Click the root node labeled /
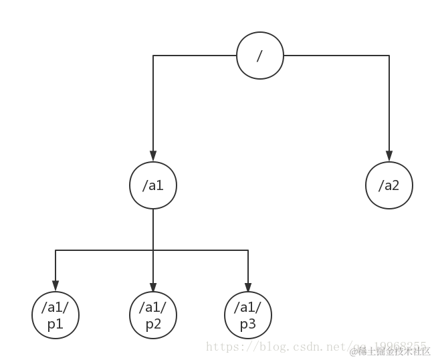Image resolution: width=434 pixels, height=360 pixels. [x=260, y=56]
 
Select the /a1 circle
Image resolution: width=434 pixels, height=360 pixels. [x=153, y=185]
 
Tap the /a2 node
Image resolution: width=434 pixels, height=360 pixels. [x=389, y=185]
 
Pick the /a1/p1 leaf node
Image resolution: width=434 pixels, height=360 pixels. [x=56, y=315]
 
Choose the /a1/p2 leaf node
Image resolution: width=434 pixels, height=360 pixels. [x=153, y=315]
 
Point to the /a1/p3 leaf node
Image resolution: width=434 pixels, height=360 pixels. [x=249, y=315]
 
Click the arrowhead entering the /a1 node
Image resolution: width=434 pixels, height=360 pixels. [x=153, y=157]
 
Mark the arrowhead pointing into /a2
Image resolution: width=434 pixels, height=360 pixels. [x=389, y=157]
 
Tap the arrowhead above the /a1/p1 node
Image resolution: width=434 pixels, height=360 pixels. [x=56, y=287]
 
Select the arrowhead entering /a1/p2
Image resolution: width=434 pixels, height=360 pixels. [x=153, y=287]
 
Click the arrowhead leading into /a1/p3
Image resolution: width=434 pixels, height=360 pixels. [x=249, y=287]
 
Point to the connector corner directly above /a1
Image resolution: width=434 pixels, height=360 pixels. [x=153, y=56]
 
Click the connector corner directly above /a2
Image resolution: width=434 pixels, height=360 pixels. [x=389, y=56]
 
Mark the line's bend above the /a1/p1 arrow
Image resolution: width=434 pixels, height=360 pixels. [x=56, y=250]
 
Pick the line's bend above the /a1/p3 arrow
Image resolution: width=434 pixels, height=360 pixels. [x=249, y=250]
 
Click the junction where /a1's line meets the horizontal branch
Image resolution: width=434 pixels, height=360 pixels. [x=153, y=250]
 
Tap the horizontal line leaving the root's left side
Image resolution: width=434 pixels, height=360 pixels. [x=194, y=56]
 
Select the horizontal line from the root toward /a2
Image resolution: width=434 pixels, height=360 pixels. [x=334, y=56]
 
